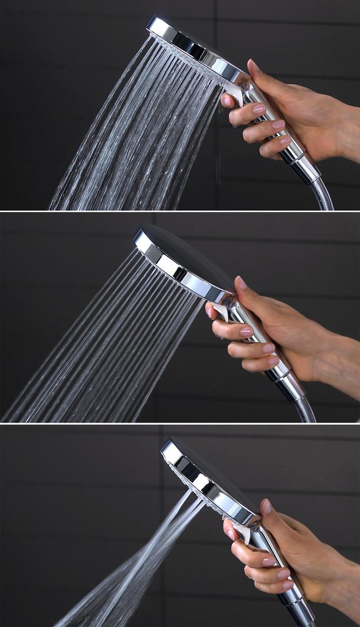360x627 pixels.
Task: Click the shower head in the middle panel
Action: (182, 257)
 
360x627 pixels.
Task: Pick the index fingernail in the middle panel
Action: (211, 311)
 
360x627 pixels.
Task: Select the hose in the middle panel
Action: (307, 411)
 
